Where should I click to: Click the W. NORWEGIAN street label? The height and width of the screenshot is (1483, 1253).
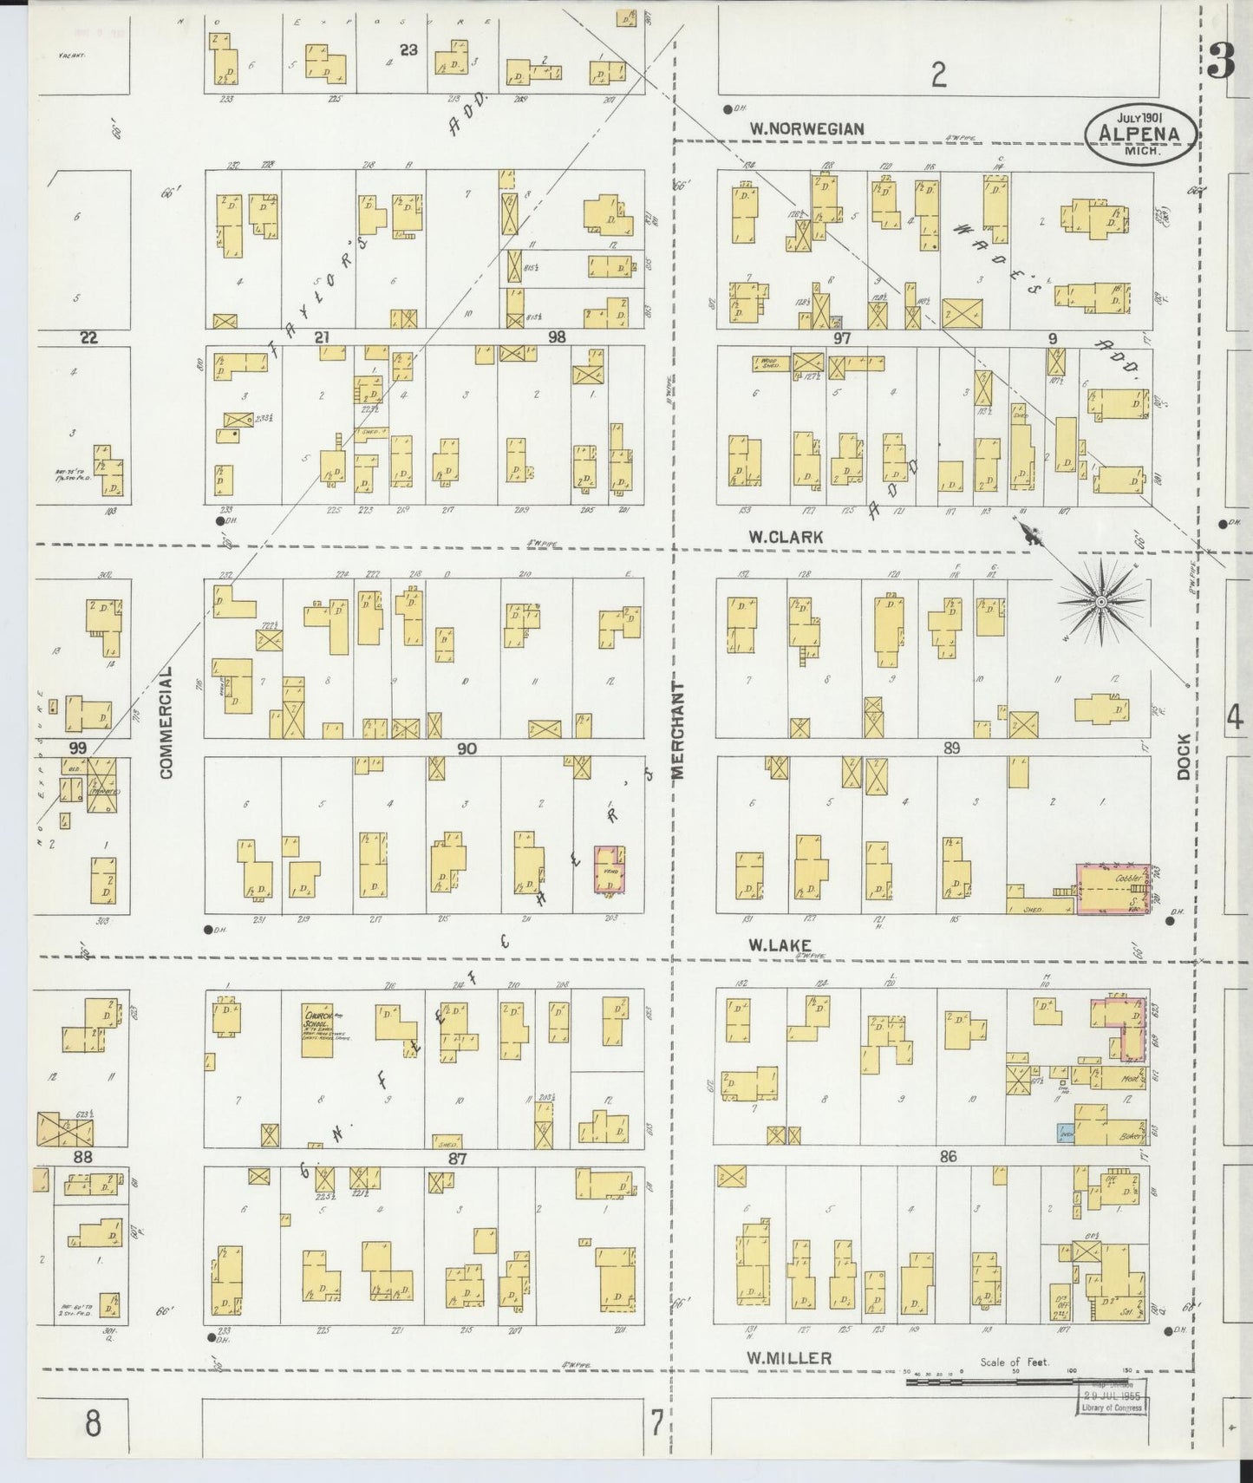coord(806,129)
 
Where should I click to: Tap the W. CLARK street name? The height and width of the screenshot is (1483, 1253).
coord(786,538)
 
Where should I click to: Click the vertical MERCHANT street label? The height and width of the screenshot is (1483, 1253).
coord(678,730)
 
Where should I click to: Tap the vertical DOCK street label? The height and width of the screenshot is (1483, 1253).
coord(1184,755)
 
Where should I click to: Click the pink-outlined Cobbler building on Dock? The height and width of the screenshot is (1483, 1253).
coord(1113,889)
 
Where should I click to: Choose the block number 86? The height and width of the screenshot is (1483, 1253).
coord(947,1156)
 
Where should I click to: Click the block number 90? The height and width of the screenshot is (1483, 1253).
coord(467,748)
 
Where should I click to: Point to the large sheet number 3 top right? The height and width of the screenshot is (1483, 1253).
coord(1220,65)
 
